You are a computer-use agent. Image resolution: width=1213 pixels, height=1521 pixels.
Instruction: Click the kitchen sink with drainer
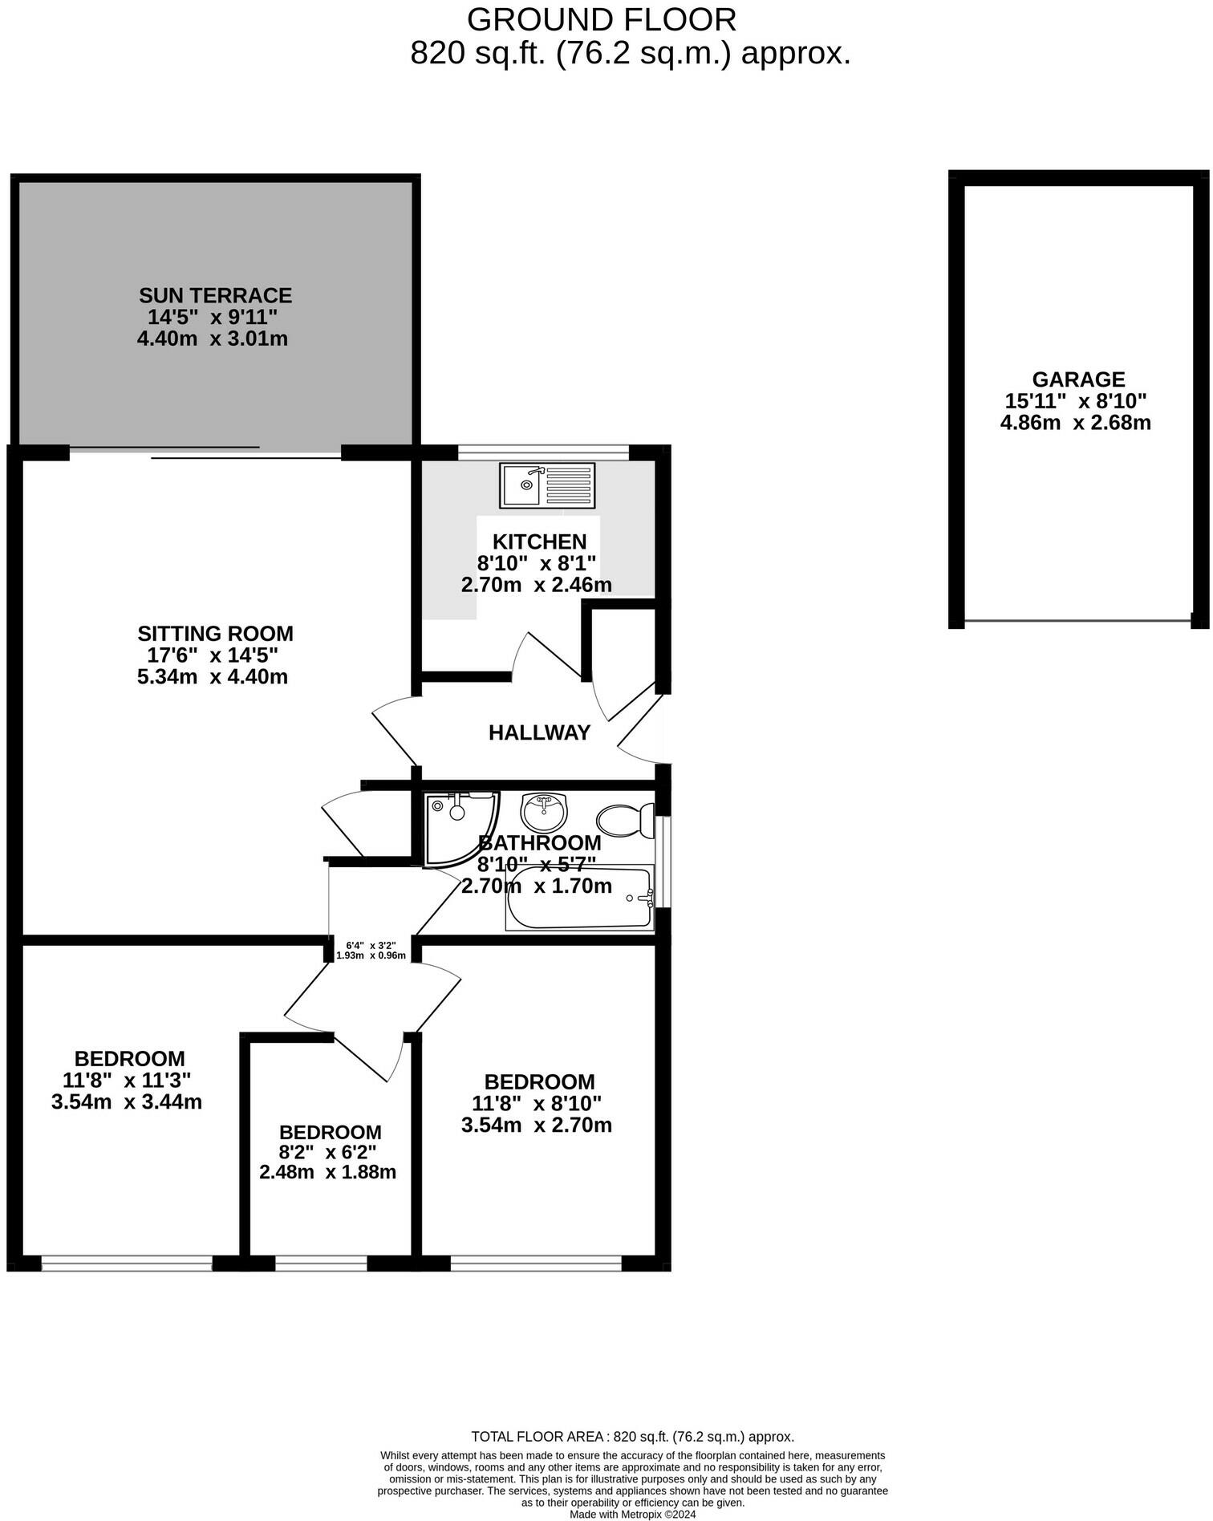[547, 485]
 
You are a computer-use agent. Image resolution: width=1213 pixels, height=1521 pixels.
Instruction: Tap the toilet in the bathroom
[625, 820]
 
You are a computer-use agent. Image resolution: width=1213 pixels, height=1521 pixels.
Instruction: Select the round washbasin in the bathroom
[544, 812]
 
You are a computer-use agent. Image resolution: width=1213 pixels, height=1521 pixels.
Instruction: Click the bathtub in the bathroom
[579, 898]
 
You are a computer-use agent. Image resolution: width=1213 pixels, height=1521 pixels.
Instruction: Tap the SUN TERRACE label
[215, 295]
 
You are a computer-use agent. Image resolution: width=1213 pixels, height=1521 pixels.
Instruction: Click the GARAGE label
[1078, 379]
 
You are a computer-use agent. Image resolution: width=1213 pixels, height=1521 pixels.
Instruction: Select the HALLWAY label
[539, 732]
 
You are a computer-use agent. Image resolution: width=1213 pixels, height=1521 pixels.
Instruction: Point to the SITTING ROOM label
[215, 634]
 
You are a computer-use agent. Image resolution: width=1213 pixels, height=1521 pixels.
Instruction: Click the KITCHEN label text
[539, 541]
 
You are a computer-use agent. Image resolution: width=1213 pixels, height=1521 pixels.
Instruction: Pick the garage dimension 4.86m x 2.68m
[1075, 422]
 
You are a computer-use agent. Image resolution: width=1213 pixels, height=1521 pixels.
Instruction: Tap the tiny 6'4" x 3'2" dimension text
[371, 945]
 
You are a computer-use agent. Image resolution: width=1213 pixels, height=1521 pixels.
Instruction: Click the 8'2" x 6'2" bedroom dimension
[327, 1152]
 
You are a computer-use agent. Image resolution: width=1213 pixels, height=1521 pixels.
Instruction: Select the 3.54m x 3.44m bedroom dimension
[127, 1101]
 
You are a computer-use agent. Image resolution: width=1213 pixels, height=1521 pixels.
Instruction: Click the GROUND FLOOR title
[602, 19]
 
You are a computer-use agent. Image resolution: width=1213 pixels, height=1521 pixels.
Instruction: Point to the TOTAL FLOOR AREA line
[632, 1437]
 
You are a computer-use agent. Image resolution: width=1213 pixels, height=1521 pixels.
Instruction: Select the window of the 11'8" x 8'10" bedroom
[536, 1263]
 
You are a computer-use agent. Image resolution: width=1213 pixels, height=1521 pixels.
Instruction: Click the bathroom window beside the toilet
[663, 862]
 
